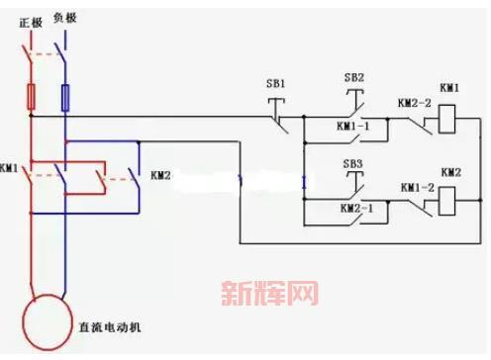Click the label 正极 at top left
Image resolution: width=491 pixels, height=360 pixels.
click(x=28, y=20)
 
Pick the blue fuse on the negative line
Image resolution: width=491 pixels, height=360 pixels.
click(x=66, y=97)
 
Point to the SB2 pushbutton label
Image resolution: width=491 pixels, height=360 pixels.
click(x=353, y=77)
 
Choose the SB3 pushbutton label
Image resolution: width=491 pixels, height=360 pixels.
click(x=353, y=163)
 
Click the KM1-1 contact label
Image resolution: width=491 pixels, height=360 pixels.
click(x=353, y=128)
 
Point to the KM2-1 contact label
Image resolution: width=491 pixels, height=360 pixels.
click(x=354, y=209)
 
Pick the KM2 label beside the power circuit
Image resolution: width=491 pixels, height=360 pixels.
click(x=160, y=176)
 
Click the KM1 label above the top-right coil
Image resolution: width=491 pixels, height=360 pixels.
click(x=450, y=89)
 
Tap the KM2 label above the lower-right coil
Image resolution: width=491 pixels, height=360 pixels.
click(x=451, y=172)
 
